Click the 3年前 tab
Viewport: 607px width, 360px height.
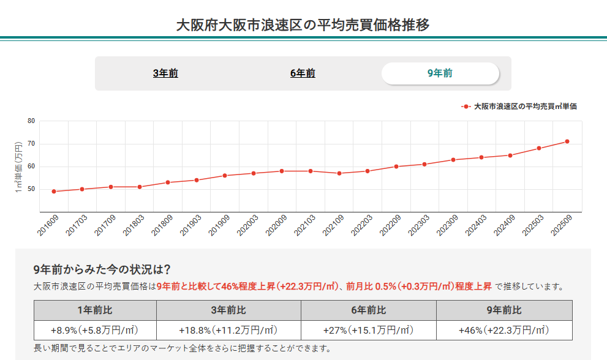coord(165,73)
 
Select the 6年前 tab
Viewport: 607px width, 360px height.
coord(303,73)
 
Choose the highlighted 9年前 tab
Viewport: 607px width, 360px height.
coord(440,73)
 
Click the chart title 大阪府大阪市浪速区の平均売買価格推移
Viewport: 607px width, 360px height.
coord(303,25)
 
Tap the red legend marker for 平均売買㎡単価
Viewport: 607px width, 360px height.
coord(466,106)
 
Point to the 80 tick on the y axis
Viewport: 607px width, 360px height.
coord(31,121)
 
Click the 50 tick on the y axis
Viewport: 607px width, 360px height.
coord(31,189)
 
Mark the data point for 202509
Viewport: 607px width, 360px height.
coord(567,141)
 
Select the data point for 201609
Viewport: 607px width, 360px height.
coord(54,192)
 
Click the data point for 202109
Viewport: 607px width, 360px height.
coord(339,173)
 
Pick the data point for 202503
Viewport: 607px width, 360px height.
coord(539,148)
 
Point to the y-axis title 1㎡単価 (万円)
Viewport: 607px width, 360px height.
coord(18,166)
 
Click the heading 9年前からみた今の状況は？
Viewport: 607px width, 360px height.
coord(102,269)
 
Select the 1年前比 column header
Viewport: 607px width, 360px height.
coord(95,310)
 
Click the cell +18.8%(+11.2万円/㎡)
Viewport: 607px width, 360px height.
coord(228,331)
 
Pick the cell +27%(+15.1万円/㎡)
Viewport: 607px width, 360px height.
coord(368,331)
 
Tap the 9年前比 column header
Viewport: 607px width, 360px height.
coord(504,310)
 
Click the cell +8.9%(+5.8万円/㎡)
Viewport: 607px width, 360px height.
coord(95,331)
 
